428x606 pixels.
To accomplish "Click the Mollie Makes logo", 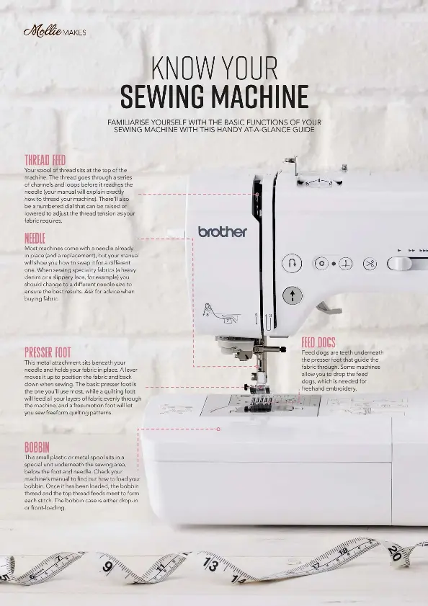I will pyautogui.click(x=55, y=32).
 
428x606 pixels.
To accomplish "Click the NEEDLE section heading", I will pyautogui.click(x=35, y=239).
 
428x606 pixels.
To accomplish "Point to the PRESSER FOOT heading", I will pyautogui.click(x=48, y=352).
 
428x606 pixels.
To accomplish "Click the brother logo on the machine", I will pyautogui.click(x=223, y=232).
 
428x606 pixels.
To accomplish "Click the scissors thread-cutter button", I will pyautogui.click(x=370, y=264).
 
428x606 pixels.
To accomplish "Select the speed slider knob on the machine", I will pyautogui.click(x=399, y=263).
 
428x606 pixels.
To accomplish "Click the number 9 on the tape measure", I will pyautogui.click(x=107, y=568).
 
